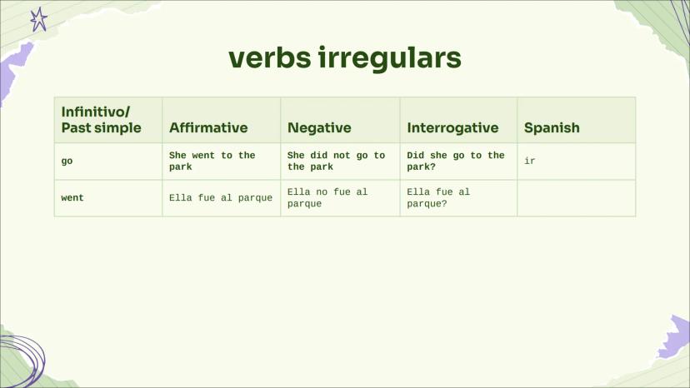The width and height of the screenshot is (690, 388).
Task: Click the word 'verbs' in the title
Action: (270, 57)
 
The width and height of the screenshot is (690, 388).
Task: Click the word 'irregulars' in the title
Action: (389, 57)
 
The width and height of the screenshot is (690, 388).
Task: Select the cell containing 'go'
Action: (108, 162)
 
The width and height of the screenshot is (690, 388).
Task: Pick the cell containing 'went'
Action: (108, 198)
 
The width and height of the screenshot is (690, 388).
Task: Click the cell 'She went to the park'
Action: (222, 162)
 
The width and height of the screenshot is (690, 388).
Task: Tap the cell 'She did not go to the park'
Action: (340, 162)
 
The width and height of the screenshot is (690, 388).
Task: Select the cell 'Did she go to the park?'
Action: (458, 162)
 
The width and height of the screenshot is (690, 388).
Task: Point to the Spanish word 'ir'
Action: (530, 161)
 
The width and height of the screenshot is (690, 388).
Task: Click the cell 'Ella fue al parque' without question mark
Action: (222, 198)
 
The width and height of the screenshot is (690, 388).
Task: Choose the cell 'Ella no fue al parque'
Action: (340, 198)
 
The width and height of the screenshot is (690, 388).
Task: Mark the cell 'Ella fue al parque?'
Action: (458, 198)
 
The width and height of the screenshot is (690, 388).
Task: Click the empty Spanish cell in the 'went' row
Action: (577, 198)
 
